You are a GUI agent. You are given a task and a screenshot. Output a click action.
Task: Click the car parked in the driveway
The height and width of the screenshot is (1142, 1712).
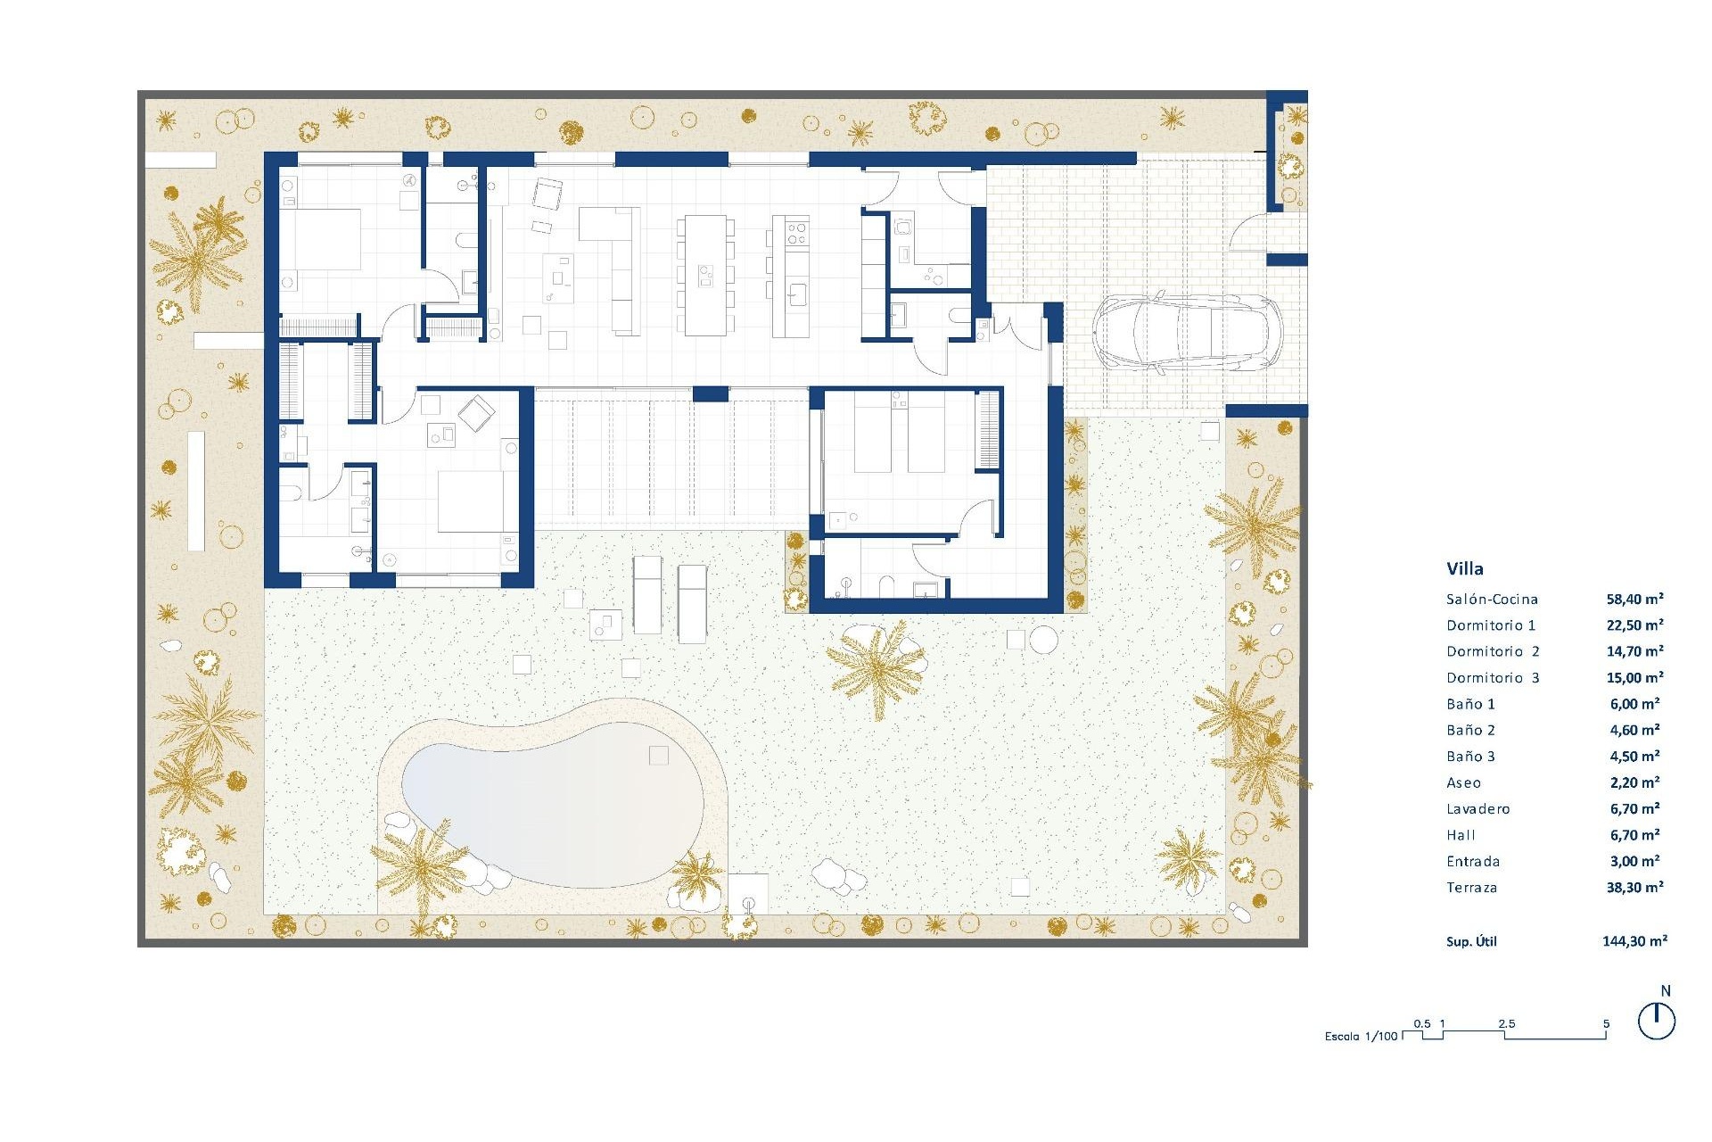pos(1187,332)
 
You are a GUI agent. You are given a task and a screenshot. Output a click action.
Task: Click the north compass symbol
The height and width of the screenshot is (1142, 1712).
pos(1657,1021)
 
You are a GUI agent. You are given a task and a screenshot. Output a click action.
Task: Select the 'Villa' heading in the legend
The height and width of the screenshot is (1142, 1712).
pos(1465,568)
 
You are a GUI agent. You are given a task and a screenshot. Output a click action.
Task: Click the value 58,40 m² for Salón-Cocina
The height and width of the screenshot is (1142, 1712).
pos(1634,600)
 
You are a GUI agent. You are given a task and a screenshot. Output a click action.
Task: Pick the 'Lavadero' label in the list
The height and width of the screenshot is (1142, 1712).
pos(1477,809)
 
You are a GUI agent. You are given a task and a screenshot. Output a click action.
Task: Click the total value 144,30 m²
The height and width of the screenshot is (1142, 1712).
pos(1634,940)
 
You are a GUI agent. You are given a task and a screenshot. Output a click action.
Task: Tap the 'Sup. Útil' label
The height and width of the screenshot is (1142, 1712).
pos(1471,941)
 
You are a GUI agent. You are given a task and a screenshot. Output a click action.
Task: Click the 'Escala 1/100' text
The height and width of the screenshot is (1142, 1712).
pos(1361,1036)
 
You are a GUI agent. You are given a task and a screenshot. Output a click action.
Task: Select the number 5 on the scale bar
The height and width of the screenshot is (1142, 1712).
pos(1606,1023)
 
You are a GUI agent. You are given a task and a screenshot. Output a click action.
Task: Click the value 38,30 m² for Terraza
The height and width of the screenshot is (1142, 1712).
pos(1634,888)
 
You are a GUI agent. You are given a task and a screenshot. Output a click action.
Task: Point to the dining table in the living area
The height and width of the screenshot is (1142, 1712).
pos(705,275)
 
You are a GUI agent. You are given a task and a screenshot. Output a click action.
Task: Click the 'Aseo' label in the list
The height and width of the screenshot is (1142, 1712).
pos(1463,783)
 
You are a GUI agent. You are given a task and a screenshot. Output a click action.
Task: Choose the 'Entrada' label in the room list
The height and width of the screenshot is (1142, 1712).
pos(1473,862)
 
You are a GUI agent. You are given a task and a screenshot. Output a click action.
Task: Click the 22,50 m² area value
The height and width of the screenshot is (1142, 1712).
pos(1634,625)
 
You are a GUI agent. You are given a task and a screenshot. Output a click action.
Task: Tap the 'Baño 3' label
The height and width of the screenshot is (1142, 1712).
pos(1470,757)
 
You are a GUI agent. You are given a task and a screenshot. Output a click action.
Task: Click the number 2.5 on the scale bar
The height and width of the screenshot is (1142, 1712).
pos(1506,1023)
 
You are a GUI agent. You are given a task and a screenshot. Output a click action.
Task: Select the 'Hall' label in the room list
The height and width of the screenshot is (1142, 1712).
pos(1461,836)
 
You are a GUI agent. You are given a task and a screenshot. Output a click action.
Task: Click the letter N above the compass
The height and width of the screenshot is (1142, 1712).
pos(1666,991)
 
